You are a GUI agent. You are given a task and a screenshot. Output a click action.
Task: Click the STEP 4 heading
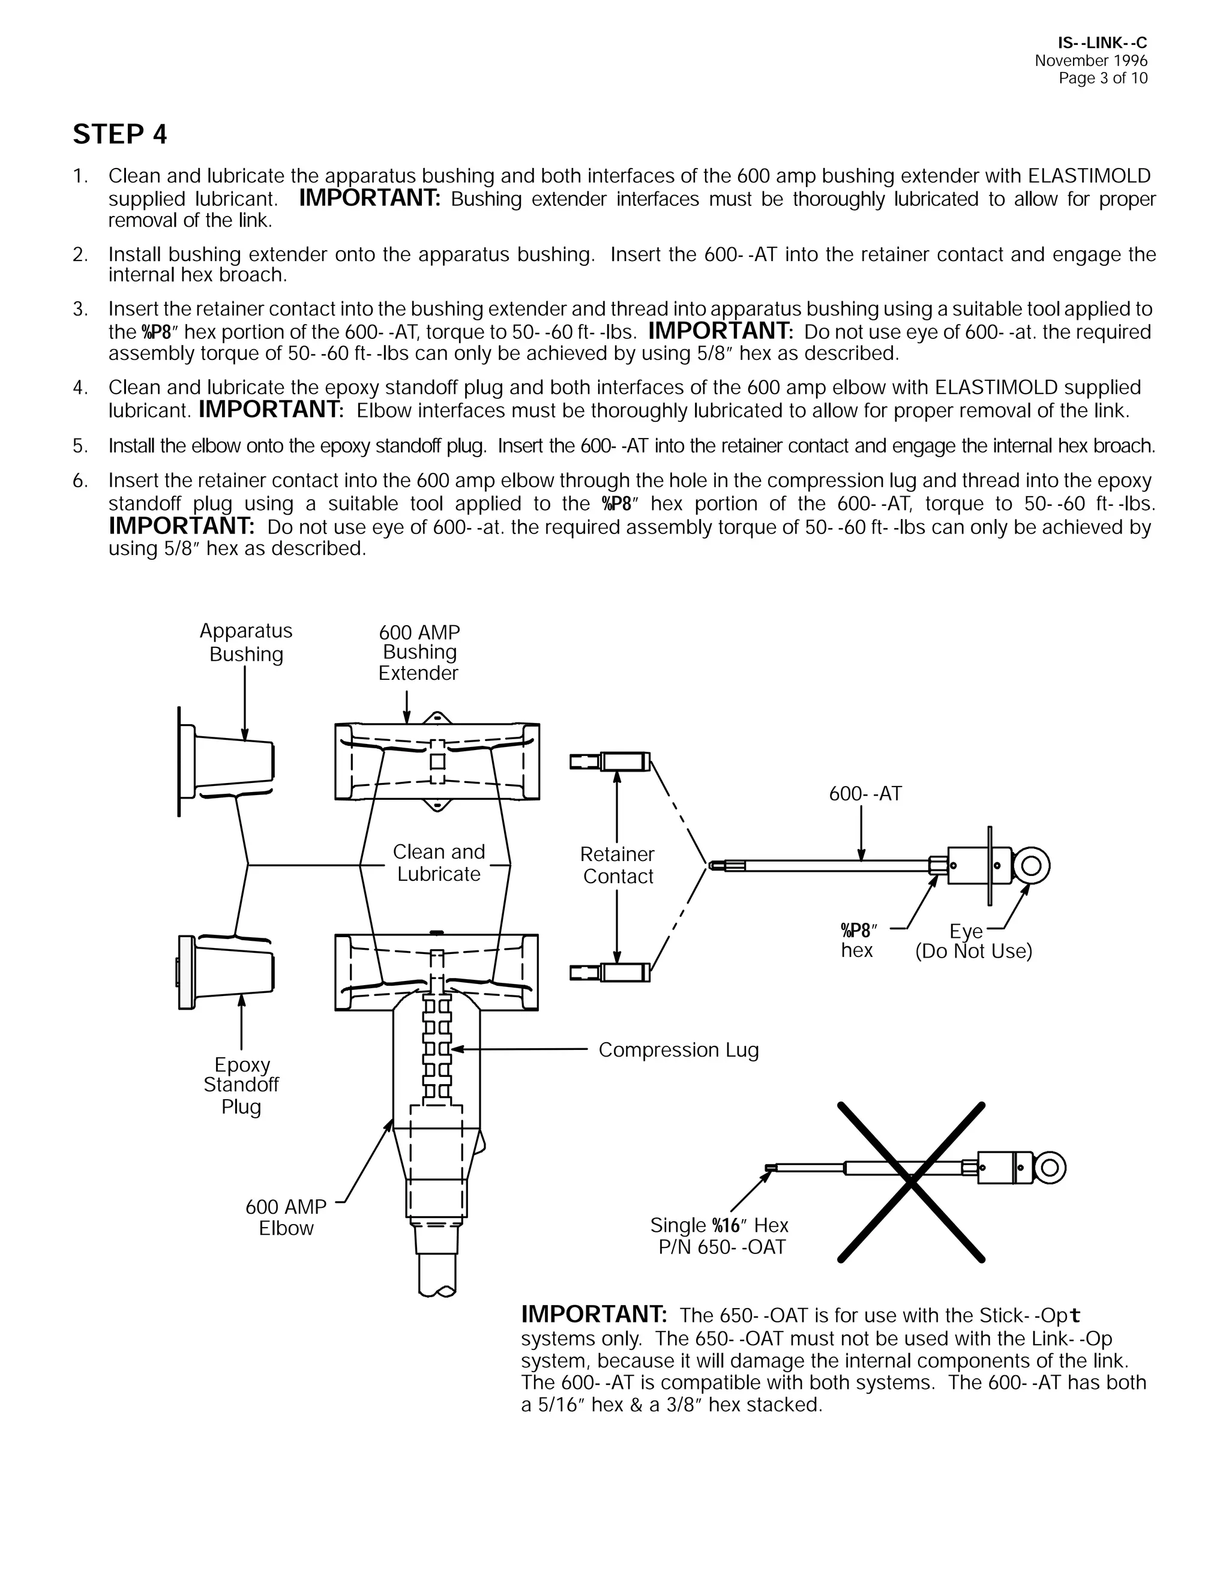click(x=120, y=134)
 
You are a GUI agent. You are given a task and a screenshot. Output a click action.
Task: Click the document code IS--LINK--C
click(x=1102, y=44)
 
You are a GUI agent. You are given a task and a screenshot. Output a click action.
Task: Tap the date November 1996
click(x=1090, y=61)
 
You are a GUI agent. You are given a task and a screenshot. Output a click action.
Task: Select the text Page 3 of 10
click(x=1102, y=79)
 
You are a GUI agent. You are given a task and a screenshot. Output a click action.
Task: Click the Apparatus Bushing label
click(x=246, y=642)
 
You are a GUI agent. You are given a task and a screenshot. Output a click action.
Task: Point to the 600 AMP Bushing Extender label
click(x=419, y=652)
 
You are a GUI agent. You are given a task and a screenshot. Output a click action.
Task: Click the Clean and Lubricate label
click(x=438, y=863)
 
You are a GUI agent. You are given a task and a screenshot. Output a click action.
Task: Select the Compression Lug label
click(x=679, y=1050)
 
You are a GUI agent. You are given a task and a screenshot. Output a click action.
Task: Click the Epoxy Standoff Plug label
click(x=241, y=1085)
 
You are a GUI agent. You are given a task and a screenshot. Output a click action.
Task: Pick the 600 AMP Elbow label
click(x=286, y=1217)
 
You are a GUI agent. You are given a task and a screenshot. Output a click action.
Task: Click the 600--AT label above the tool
click(x=865, y=794)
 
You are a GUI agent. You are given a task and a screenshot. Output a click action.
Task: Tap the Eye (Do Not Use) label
click(x=973, y=941)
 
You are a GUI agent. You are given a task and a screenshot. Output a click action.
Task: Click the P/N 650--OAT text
click(x=721, y=1247)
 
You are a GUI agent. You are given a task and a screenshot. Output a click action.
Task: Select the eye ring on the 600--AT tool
click(x=1031, y=866)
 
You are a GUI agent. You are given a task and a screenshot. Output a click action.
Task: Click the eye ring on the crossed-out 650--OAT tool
click(x=1049, y=1168)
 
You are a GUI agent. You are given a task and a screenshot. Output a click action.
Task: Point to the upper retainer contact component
click(x=611, y=762)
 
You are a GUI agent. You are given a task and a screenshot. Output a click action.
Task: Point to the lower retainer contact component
click(x=611, y=972)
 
